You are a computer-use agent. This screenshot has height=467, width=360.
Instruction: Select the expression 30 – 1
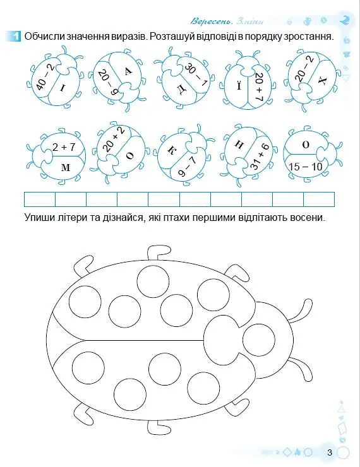[196, 74]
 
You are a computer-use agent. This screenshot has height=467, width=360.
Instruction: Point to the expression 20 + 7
[259, 86]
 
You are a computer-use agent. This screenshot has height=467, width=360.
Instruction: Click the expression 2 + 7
[64, 147]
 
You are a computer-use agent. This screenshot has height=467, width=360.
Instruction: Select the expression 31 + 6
[260, 157]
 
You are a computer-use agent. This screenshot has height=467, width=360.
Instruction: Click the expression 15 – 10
[306, 166]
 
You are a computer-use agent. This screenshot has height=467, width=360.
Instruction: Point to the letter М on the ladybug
[66, 168]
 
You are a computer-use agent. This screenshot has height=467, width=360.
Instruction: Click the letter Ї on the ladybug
[239, 86]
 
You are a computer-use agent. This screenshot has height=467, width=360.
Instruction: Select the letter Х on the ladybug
[322, 80]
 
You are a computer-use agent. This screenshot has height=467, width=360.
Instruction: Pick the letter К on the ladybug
[171, 151]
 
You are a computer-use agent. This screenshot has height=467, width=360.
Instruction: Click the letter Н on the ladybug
[239, 144]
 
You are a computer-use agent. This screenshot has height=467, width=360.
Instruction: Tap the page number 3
[329, 452]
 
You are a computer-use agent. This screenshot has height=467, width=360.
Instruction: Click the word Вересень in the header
[212, 21]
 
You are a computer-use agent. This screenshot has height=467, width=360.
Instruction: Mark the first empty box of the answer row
[40, 199]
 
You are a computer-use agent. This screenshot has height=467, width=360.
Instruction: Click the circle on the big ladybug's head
[259, 340]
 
